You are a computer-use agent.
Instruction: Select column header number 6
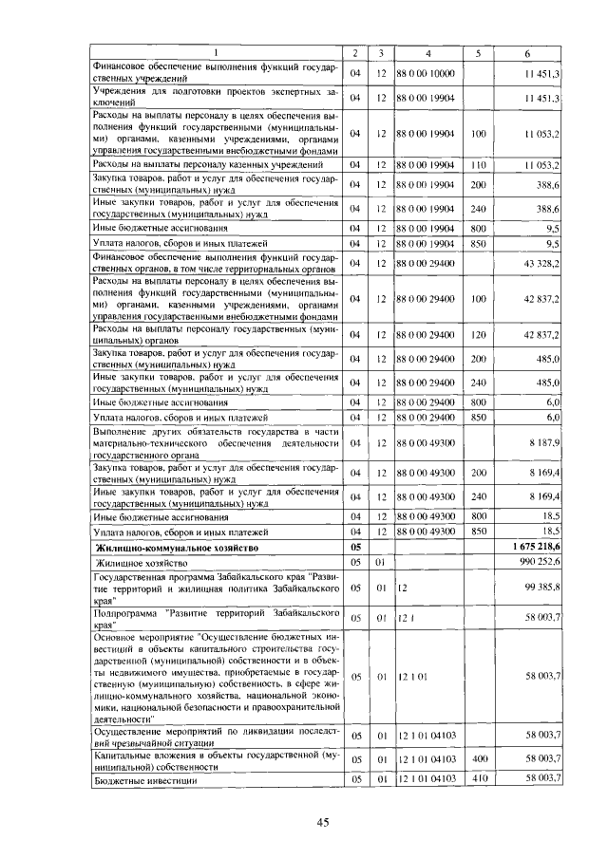click(x=528, y=52)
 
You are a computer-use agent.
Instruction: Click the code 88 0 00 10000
click(x=427, y=73)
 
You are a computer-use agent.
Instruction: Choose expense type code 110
click(x=478, y=165)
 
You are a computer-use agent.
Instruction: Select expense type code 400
click(x=478, y=760)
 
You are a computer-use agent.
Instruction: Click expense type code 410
click(x=478, y=779)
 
